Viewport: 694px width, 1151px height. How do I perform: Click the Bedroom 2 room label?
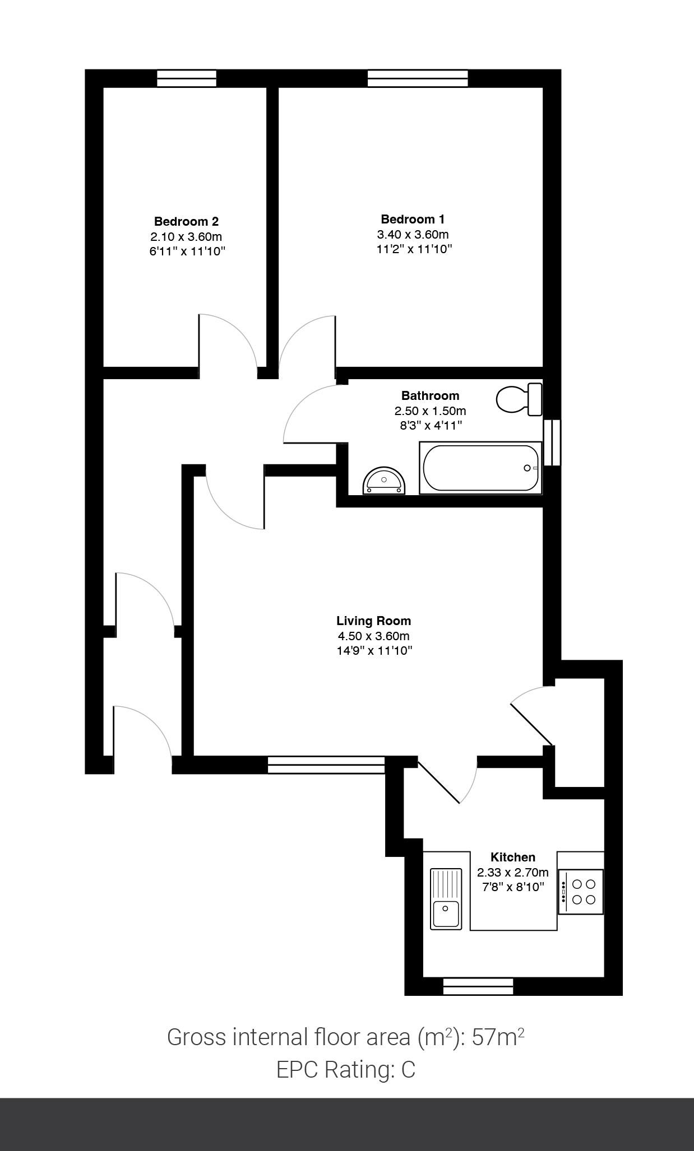coord(186,221)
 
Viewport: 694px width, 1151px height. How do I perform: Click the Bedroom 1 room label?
coord(413,219)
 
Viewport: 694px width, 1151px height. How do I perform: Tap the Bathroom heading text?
coord(430,395)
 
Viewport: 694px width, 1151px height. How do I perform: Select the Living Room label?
coord(373,621)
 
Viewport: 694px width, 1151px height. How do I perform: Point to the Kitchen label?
coord(512,857)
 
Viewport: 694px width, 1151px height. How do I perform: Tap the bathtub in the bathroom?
coord(480,468)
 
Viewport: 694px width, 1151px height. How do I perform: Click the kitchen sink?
coord(446,899)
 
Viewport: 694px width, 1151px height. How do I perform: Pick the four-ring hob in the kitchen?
coord(581,892)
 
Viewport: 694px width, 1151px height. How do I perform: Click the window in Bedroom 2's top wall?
coord(187,78)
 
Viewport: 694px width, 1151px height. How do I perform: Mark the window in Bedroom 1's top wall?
coord(418,78)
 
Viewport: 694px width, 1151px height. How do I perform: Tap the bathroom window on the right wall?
coord(552,442)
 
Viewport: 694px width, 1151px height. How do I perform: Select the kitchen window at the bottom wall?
coord(478,986)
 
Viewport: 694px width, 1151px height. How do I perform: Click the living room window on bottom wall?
coord(326,765)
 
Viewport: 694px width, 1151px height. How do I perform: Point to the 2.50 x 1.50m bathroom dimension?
coord(430,411)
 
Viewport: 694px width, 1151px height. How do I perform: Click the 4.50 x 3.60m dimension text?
coord(373,636)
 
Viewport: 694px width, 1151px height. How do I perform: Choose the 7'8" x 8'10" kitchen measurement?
coord(513,887)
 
